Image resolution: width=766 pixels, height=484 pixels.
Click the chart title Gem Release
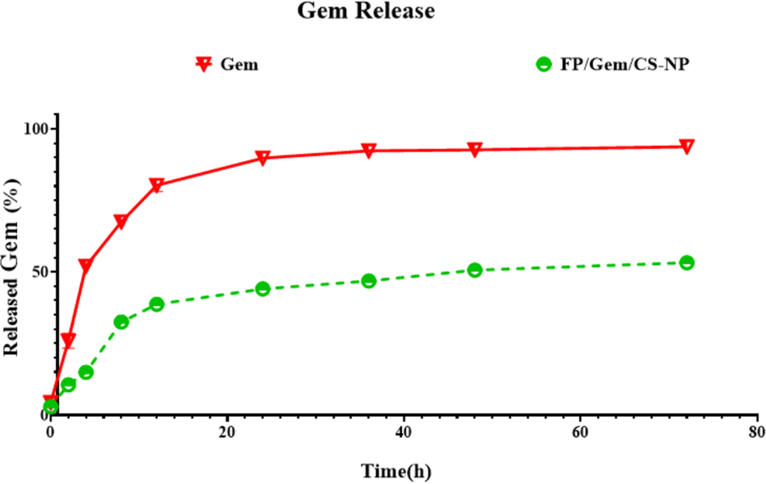pos(366,11)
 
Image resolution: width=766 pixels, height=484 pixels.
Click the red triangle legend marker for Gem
pos(204,64)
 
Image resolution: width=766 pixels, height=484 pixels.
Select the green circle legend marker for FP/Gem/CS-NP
pos(544,64)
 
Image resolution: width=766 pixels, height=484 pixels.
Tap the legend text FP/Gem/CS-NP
pos(624,64)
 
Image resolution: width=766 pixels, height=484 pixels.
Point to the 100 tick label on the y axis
pos(36,129)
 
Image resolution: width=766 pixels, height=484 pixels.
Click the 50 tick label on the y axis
pos(41,271)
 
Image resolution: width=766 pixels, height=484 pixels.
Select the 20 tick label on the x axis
pos(227,433)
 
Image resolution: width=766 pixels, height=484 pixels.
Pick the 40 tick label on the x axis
pos(404,433)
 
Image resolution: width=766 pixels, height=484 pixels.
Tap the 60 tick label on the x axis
pos(580,433)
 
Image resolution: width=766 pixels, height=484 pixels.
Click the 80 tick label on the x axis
pos(757,433)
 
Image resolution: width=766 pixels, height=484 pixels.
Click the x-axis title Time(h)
pos(396,472)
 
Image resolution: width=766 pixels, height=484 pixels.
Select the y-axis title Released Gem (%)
pos(11,268)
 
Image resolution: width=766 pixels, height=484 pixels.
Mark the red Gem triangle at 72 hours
pos(687,146)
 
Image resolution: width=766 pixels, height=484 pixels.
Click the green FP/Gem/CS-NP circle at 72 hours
pos(687,262)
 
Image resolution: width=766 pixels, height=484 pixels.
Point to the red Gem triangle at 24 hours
pos(262,158)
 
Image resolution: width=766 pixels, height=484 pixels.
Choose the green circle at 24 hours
pos(262,288)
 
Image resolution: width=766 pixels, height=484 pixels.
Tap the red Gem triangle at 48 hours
pos(474,150)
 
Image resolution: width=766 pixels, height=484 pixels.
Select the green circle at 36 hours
pos(368,281)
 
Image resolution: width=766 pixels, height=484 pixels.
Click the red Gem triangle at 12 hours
pos(156,185)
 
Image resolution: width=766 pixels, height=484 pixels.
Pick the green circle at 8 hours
pos(121,321)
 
